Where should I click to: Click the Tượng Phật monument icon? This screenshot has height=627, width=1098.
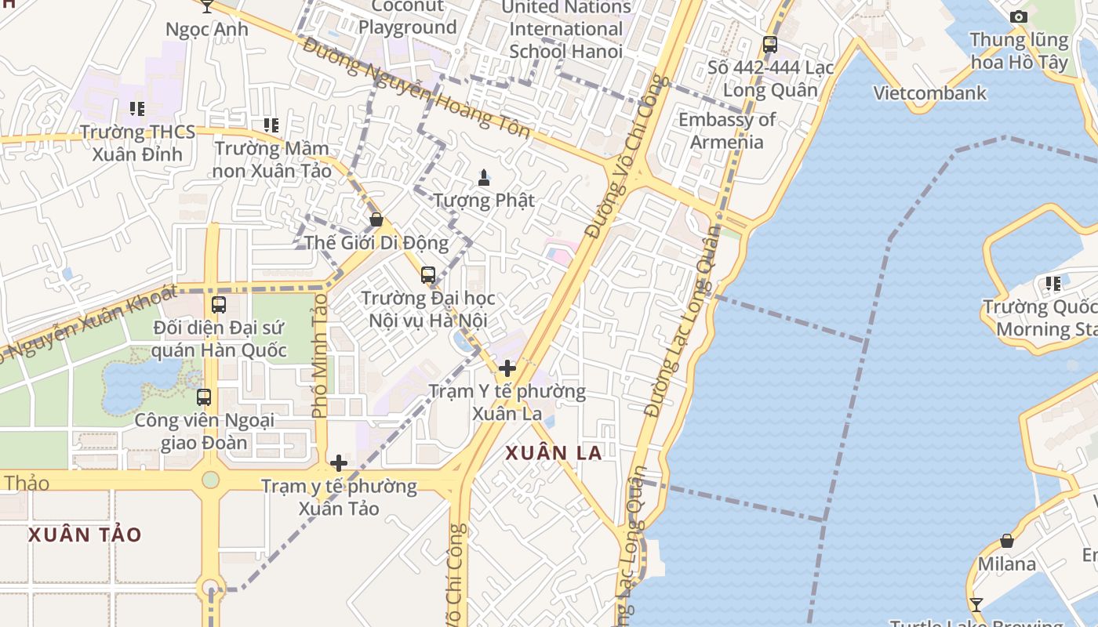pyautogui.click(x=484, y=178)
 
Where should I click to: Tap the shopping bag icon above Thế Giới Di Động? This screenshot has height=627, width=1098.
pyautogui.click(x=376, y=219)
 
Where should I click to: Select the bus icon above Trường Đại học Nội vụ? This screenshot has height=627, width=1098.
pyautogui.click(x=427, y=275)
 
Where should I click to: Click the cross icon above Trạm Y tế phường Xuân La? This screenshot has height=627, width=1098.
pyautogui.click(x=507, y=368)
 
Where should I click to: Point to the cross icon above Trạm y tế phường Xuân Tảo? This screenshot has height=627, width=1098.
pyautogui.click(x=339, y=463)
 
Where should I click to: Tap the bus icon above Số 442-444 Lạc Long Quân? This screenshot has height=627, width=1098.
pyautogui.click(x=770, y=45)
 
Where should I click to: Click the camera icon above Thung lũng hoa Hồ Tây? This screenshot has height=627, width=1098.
pyautogui.click(x=1019, y=16)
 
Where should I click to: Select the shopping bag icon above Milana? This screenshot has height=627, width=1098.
pyautogui.click(x=1007, y=541)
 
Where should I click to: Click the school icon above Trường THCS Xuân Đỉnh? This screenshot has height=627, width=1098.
pyautogui.click(x=137, y=109)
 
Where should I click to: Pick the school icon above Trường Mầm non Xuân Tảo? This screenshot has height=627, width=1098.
pyautogui.click(x=271, y=125)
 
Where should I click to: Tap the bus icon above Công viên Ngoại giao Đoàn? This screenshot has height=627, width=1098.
pyautogui.click(x=204, y=397)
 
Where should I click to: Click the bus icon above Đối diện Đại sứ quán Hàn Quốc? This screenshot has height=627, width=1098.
pyautogui.click(x=219, y=305)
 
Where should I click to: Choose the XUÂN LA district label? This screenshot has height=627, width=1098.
pyautogui.click(x=554, y=453)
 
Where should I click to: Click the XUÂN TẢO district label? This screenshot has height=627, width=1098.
pyautogui.click(x=85, y=535)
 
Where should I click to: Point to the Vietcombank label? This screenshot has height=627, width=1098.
pyautogui.click(x=930, y=93)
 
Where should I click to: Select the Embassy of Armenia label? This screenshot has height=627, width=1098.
pyautogui.click(x=726, y=131)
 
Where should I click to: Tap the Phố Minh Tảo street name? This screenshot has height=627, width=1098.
pyautogui.click(x=319, y=354)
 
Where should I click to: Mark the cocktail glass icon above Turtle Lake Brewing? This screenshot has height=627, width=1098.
pyautogui.click(x=976, y=604)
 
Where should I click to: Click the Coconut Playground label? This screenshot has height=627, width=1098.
pyautogui.click(x=407, y=17)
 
